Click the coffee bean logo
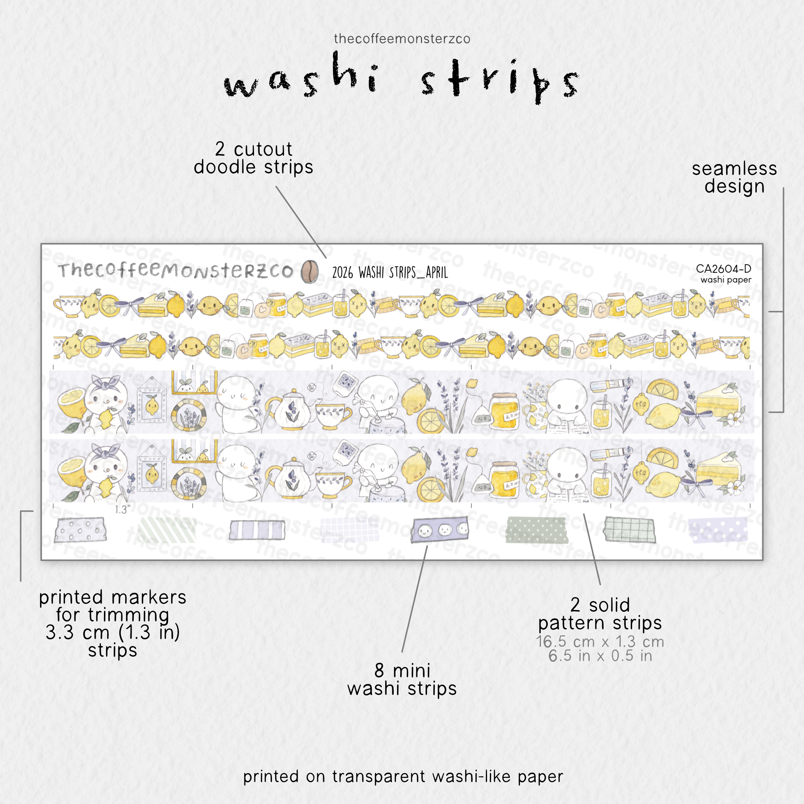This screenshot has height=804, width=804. coord(309,271)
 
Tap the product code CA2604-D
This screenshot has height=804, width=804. coord(723,268)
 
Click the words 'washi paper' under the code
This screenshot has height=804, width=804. coord(726,280)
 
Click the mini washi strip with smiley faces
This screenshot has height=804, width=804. coord(440,529)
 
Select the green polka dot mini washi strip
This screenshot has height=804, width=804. coord(537,530)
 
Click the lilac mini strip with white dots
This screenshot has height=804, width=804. coord(718,530)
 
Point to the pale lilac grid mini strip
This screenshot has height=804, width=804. coord(349,530)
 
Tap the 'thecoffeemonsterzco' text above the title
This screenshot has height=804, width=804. coord(402,39)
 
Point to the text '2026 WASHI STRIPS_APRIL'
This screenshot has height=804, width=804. coord(390,273)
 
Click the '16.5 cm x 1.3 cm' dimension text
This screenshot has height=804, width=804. coord(600,641)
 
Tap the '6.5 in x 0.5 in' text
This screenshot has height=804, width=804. coord(600,656)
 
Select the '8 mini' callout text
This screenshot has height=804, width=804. coord(402,670)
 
